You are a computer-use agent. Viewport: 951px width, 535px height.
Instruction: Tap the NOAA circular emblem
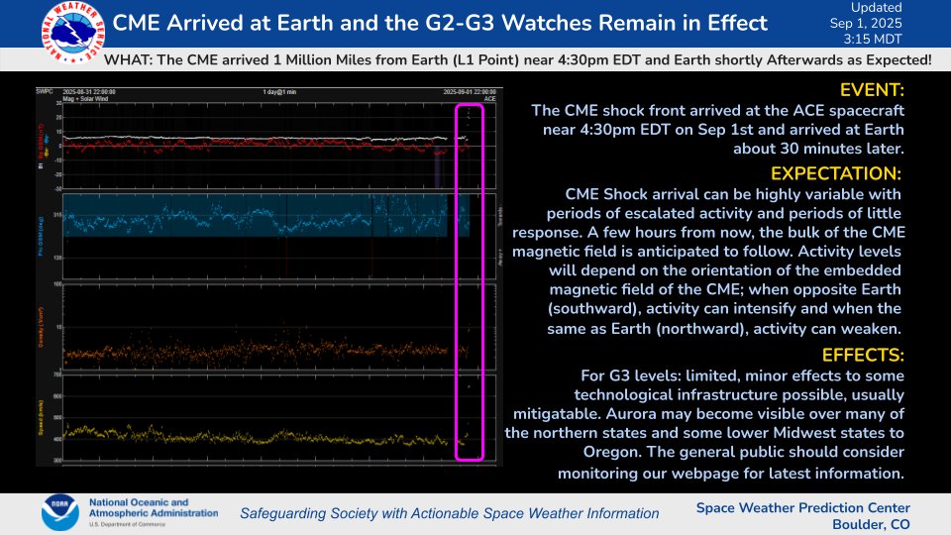click(x=60, y=512)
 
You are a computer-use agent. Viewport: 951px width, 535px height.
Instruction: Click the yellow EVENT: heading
click(x=871, y=90)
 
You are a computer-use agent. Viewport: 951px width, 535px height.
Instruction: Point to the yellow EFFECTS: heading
click(x=863, y=355)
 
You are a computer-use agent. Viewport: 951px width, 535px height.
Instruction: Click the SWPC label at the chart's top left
click(x=71, y=90)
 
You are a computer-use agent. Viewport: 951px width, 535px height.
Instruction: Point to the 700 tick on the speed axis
click(x=57, y=375)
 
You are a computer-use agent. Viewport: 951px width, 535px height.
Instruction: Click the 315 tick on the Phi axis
click(x=57, y=214)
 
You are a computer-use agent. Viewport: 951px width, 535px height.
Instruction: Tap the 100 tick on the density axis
click(x=57, y=285)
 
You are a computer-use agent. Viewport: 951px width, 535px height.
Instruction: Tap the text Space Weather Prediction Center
click(x=802, y=505)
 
